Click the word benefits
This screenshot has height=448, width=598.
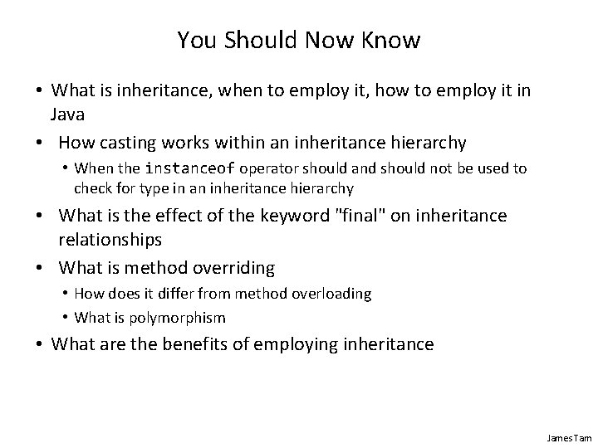[184, 344]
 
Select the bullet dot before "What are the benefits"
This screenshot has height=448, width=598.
[40, 344]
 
